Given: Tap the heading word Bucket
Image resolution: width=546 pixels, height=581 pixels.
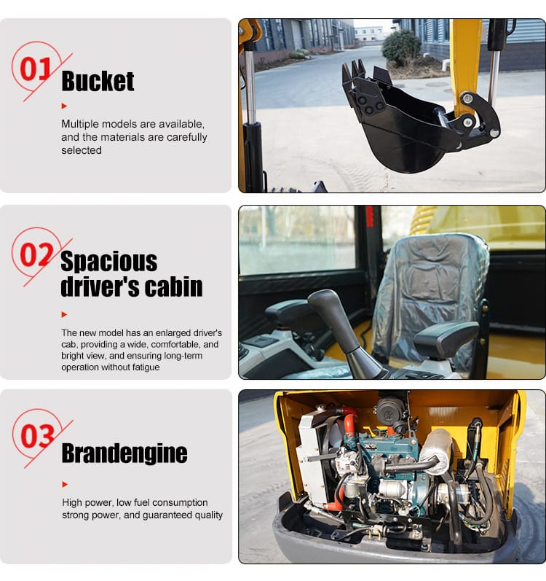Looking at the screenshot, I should (x=98, y=82).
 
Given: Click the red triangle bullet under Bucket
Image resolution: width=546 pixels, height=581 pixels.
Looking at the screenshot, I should (x=64, y=106).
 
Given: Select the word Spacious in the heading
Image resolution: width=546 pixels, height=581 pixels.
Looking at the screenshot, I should (x=108, y=261).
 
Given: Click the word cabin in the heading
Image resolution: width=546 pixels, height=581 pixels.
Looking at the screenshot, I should (x=174, y=286).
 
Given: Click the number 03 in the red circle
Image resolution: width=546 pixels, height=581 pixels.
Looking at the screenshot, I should (x=37, y=436).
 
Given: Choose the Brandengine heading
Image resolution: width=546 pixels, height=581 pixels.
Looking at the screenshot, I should (x=124, y=453).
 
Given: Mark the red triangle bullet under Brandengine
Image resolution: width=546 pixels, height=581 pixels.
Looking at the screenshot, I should (x=64, y=484).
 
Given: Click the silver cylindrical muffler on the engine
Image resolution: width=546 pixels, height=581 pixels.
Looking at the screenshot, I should (x=436, y=452).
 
